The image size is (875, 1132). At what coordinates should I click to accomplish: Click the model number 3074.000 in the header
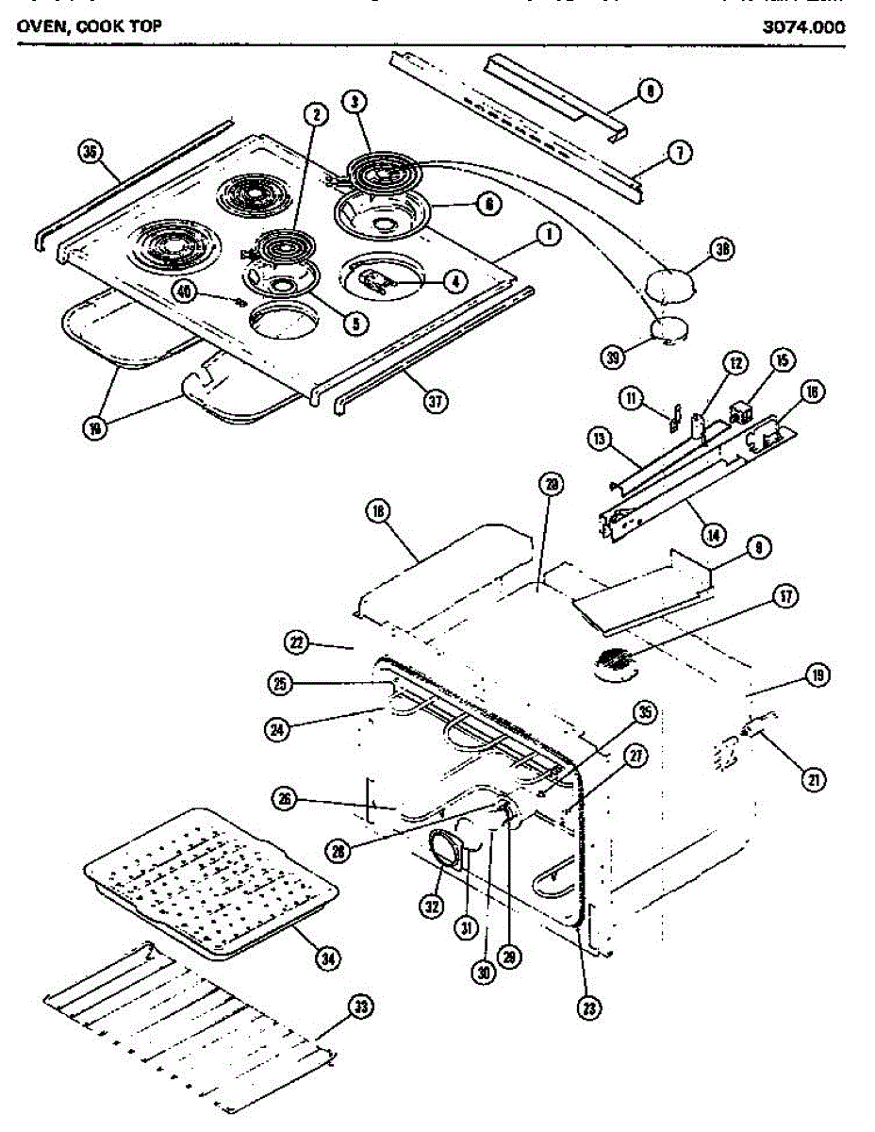803,26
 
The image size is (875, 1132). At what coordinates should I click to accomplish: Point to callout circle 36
91,153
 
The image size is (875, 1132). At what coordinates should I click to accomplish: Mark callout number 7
681,151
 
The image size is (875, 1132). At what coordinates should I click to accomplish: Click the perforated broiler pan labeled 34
212,882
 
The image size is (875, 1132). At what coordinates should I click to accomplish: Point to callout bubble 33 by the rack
359,1007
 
